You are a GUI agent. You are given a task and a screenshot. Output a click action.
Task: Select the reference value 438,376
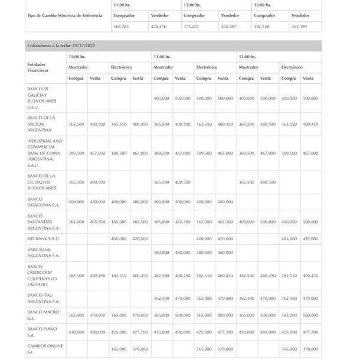(158, 27)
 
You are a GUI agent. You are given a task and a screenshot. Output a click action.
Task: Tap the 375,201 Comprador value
(192, 27)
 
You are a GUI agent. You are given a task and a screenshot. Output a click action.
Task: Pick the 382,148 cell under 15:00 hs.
(262, 27)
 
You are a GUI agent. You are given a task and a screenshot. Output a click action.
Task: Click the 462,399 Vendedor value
(299, 27)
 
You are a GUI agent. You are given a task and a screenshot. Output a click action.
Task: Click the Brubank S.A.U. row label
(44, 238)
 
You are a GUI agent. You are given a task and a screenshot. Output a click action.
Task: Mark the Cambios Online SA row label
(43, 349)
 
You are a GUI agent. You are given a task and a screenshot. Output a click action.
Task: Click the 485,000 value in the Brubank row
(289, 238)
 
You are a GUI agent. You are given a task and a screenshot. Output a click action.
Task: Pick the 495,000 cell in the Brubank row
(310, 238)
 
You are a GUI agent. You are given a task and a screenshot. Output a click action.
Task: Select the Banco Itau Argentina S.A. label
(43, 298)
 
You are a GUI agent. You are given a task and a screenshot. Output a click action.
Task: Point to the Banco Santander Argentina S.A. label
(43, 222)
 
